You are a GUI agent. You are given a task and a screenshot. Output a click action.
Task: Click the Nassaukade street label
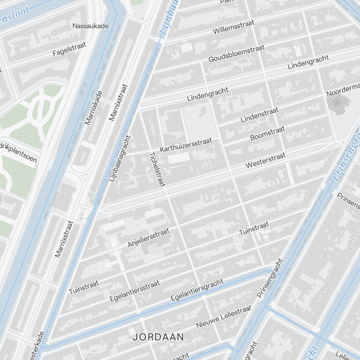pos(90,26)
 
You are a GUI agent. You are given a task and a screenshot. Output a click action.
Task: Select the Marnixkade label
pos(94,108)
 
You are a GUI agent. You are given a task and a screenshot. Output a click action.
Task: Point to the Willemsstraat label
pos(234,27)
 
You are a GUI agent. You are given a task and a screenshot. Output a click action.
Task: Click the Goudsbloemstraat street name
pos(236,53)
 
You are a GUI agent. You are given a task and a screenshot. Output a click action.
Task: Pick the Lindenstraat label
pos(260,114)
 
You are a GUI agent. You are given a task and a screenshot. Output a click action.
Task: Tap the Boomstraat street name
pos(267,133)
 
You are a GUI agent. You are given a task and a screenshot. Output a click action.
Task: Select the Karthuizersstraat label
pos(186,144)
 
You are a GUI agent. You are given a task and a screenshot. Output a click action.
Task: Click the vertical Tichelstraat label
pos(157,169)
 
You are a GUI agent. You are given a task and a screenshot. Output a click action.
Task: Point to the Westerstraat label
pos(265,160)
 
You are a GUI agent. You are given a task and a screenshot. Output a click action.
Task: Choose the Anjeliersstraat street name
pos(148,237)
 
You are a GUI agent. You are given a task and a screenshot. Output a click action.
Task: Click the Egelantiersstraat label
pos(135,291)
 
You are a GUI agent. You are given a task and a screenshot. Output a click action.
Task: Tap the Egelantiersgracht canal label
pos(197,290)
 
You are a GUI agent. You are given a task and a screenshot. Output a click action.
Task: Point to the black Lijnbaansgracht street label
pos(120,158)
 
